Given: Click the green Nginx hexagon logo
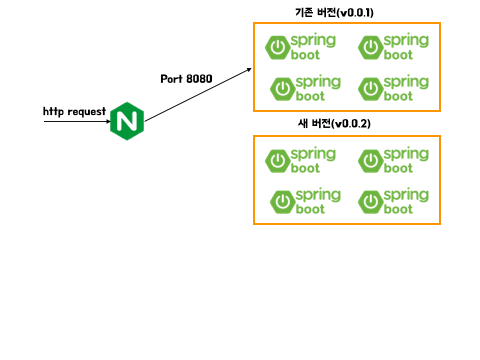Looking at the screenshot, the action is (127, 121).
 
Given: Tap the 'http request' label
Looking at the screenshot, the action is (74, 111).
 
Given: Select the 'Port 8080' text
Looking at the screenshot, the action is (186, 79).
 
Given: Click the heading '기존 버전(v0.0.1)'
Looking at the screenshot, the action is (334, 13).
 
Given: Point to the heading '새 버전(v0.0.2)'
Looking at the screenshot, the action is (334, 124).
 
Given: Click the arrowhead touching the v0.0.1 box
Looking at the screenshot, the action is (249, 70).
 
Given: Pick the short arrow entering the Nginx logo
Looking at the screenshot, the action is (77, 121).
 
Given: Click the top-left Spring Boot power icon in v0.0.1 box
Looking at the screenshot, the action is (278, 48).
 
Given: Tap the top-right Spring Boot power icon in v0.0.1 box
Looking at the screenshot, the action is (371, 48).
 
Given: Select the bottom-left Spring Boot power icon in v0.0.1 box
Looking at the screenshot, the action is (283, 89).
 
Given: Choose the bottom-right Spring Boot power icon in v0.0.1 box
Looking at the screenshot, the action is (371, 89).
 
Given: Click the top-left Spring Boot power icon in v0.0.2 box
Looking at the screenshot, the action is (278, 161).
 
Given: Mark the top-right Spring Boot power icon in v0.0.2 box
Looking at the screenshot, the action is (371, 161).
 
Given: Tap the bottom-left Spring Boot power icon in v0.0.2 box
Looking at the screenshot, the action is (283, 202).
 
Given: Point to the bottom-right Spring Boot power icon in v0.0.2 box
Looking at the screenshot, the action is (371, 202).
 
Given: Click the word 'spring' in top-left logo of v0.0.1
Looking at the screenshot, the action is (313, 41).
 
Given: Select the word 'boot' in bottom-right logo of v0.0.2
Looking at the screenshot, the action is (398, 209).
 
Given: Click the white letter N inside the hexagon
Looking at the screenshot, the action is (127, 121).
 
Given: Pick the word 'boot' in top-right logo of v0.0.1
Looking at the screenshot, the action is (398, 55).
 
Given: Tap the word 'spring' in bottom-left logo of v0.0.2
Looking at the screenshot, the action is (318, 195).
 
